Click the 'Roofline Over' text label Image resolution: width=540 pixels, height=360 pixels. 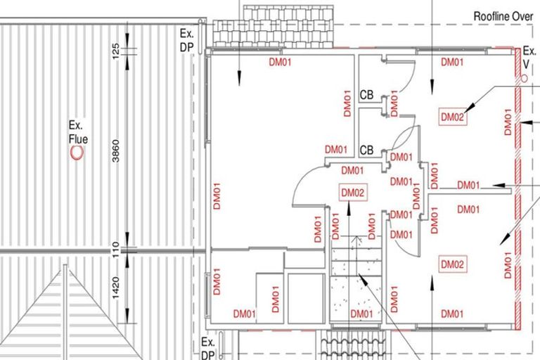(x=503, y=16)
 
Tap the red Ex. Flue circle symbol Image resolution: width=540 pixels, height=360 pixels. (x=77, y=153)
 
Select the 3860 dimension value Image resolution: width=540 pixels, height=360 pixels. (x=116, y=150)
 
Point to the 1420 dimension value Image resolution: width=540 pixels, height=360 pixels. (x=116, y=288)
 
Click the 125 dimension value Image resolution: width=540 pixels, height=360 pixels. (x=116, y=51)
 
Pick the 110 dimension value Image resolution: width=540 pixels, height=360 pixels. (x=116, y=250)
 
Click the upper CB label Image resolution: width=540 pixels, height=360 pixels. (x=366, y=95)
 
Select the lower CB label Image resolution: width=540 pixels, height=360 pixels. (x=366, y=150)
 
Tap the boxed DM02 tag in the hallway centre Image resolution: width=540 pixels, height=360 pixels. (x=353, y=193)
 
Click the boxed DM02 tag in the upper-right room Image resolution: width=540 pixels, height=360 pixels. (x=453, y=117)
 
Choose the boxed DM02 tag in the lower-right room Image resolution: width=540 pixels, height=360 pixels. (x=453, y=264)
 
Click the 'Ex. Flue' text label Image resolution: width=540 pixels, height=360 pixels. (x=78, y=132)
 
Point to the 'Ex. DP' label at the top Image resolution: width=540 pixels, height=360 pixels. (x=187, y=40)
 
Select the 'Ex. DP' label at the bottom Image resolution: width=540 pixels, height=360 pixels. (x=208, y=348)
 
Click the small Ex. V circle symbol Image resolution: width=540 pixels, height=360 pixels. (x=524, y=78)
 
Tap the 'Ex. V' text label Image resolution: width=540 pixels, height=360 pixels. (x=529, y=57)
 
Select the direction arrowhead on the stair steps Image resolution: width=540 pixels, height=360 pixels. (x=356, y=239)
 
